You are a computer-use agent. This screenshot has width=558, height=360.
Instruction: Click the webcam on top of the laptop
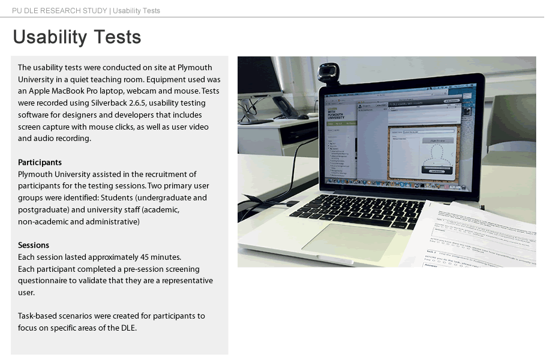pos(327,73)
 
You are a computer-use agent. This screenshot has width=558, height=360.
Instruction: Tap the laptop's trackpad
pos(349,242)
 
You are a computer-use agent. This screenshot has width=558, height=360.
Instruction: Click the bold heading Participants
pos(40,163)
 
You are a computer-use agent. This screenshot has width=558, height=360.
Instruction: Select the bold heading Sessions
pos(34,245)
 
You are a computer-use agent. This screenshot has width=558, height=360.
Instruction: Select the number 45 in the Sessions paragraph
pos(140,257)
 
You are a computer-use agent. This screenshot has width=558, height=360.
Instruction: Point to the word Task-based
pos(39,316)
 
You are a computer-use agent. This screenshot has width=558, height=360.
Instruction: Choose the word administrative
pos(115,222)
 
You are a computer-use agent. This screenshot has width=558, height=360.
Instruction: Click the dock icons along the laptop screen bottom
pos(396,182)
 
